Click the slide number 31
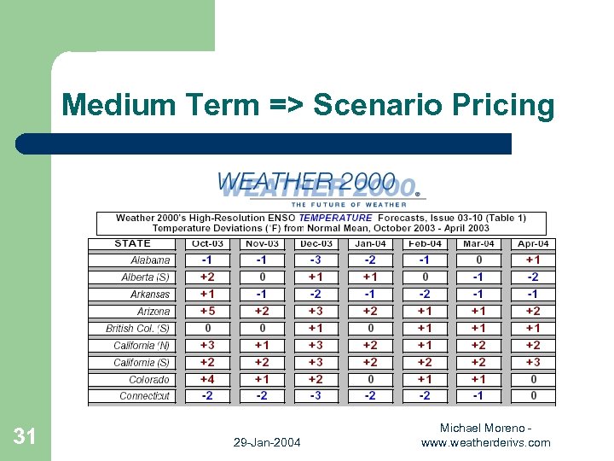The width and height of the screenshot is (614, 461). (25, 437)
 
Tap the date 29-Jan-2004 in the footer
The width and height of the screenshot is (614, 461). (266, 442)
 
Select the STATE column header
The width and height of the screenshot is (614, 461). (133, 243)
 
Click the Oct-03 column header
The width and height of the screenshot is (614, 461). (207, 243)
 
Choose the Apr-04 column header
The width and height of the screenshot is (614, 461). (533, 243)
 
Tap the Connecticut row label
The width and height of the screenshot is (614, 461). (144, 396)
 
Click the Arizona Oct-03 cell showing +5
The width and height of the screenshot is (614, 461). (207, 311)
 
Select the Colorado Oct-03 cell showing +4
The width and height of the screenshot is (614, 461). (207, 379)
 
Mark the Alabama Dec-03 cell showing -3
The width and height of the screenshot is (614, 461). (316, 260)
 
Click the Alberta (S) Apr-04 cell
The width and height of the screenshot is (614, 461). (533, 277)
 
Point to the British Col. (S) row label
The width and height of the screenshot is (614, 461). (137, 329)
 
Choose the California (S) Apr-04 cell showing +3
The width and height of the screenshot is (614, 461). (533, 362)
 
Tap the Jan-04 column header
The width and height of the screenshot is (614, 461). (370, 243)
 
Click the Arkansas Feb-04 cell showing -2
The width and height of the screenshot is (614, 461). (425, 294)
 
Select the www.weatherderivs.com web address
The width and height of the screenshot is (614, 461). (485, 442)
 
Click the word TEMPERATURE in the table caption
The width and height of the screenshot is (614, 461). (336, 218)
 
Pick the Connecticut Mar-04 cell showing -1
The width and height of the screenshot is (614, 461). (478, 395)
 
